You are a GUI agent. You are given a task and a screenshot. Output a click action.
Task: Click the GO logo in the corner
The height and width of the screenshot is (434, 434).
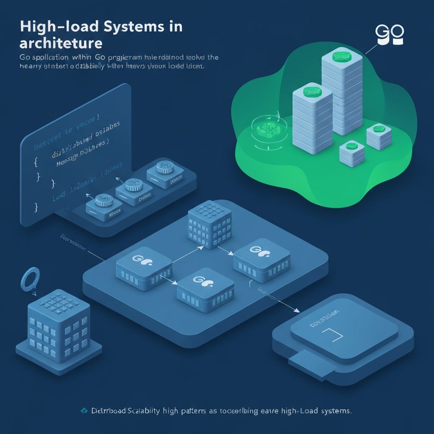coord(389,35)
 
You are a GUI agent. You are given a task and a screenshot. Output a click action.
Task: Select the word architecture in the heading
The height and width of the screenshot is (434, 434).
coord(61,44)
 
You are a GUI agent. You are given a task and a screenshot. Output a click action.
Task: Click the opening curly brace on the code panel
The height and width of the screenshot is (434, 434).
coord(36,161)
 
